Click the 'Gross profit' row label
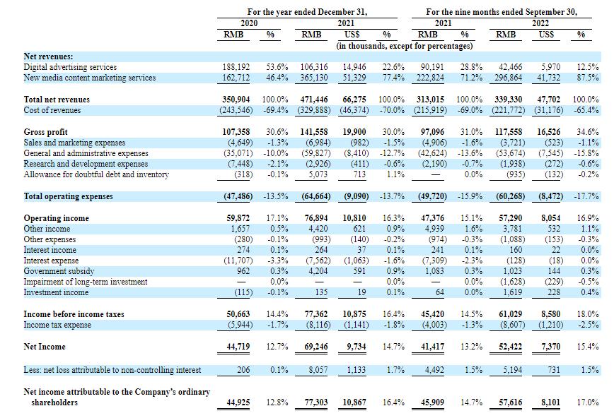point(45,132)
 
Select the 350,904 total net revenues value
point(236,100)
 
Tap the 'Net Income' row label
point(45,347)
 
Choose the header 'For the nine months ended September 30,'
point(502,12)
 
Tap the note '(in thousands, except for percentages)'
point(405,46)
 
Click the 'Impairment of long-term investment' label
point(86,282)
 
